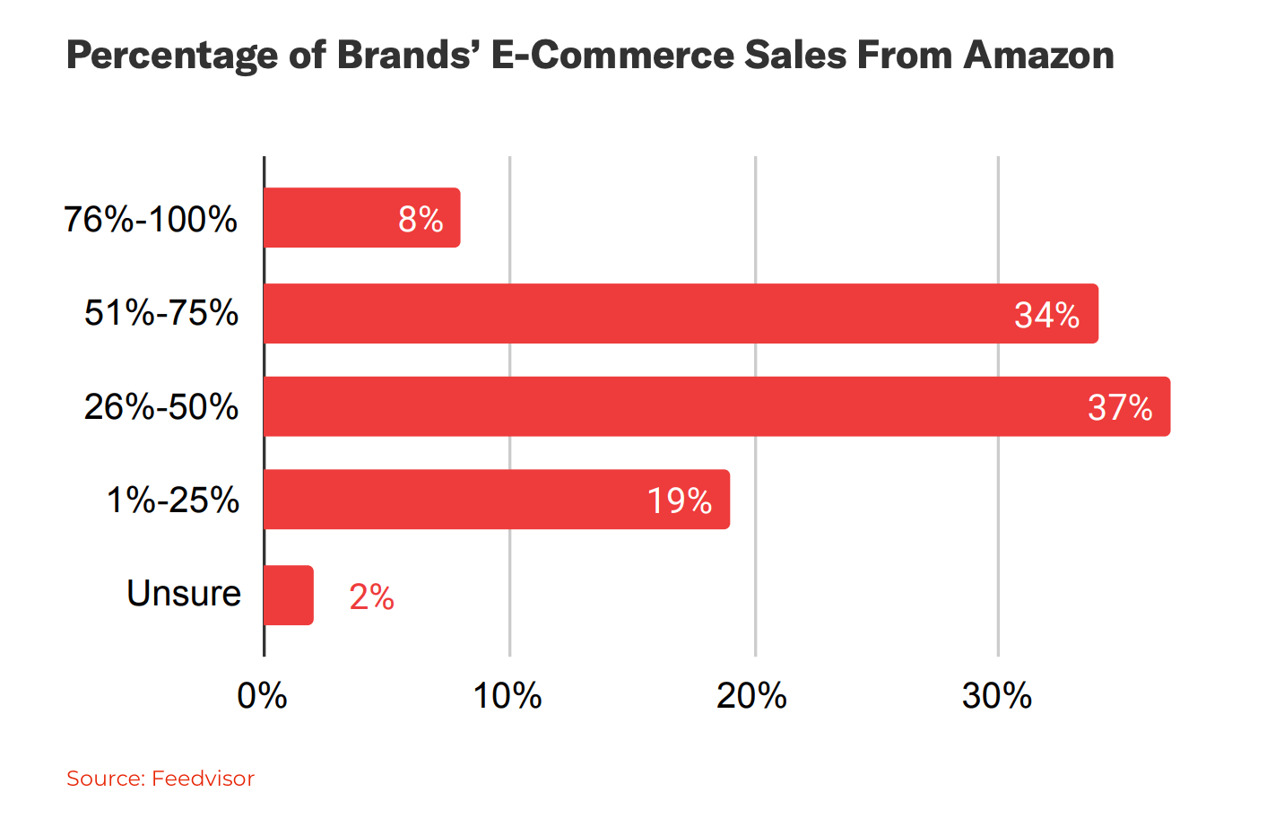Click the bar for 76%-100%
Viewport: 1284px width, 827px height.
(x=361, y=218)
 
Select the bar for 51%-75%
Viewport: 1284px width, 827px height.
(x=681, y=314)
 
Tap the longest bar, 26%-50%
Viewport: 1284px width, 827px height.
(x=716, y=406)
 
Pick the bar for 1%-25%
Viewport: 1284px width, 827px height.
(x=496, y=500)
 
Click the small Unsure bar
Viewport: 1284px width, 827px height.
(x=289, y=596)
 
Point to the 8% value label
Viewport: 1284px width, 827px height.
(x=421, y=220)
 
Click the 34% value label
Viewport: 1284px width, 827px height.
(x=1046, y=315)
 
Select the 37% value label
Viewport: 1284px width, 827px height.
(x=1120, y=408)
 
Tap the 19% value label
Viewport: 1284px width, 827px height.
(x=680, y=501)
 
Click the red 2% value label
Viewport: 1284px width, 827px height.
(x=371, y=597)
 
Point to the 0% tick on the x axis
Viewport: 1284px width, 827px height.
(x=262, y=696)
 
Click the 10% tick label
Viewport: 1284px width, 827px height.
(x=508, y=696)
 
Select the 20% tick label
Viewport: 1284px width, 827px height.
(x=751, y=696)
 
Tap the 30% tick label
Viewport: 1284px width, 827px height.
(x=996, y=696)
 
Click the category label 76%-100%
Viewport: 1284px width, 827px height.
(x=151, y=220)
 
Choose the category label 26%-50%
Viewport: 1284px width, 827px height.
(x=161, y=407)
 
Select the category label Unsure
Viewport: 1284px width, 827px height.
(x=184, y=594)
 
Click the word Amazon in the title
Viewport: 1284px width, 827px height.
(x=1038, y=56)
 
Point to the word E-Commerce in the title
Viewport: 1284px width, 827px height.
(x=612, y=56)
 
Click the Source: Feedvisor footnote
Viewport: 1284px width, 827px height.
(x=160, y=779)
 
